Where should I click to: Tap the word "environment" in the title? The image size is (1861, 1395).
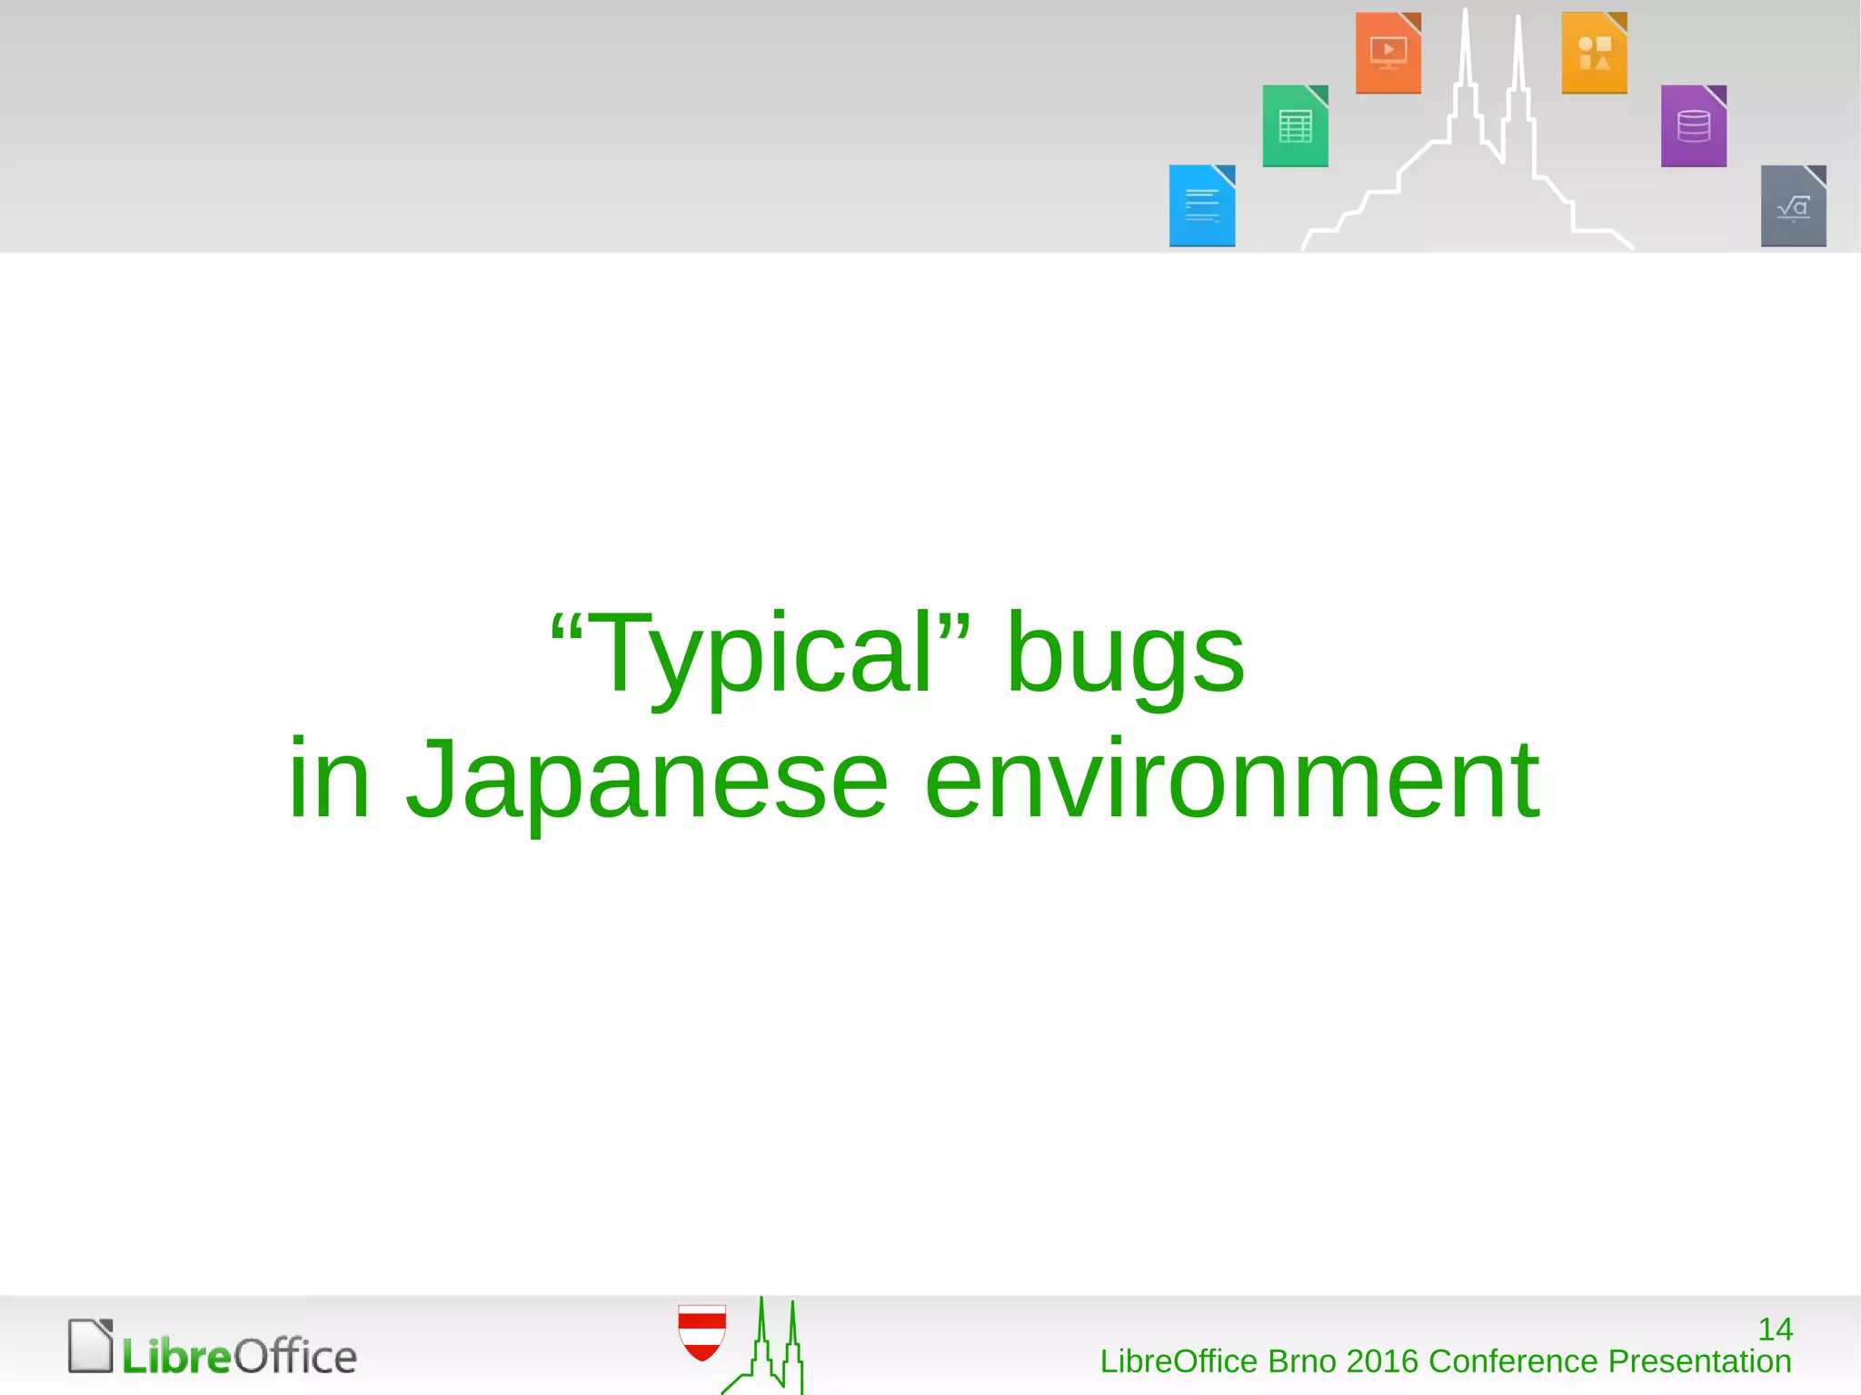tap(1231, 780)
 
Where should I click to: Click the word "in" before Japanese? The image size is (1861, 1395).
tap(329, 780)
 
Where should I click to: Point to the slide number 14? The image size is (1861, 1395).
tap(1775, 1330)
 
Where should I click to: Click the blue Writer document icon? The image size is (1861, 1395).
tap(1201, 206)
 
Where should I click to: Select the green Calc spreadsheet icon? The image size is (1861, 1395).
tap(1295, 126)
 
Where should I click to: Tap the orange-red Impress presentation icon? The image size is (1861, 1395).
tap(1388, 53)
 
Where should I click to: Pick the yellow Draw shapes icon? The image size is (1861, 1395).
tap(1594, 53)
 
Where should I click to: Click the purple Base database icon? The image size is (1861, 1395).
tap(1693, 126)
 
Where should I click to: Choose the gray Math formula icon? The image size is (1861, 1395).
tap(1793, 206)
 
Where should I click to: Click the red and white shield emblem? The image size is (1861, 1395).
tap(702, 1332)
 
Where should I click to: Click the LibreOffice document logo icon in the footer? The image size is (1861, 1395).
tap(91, 1346)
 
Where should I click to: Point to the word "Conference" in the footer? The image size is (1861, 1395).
tap(1513, 1361)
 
